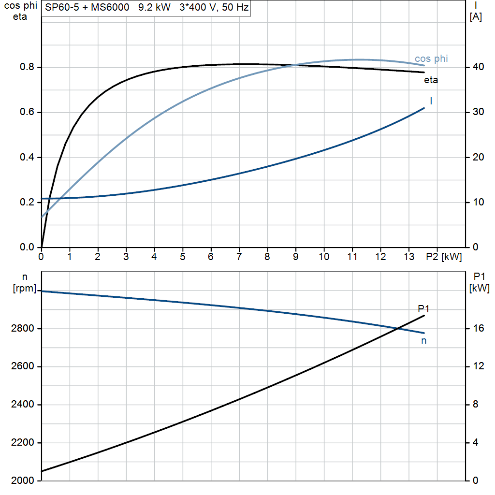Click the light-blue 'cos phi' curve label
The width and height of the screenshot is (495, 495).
[x=431, y=59]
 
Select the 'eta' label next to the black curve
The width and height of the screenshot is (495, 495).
[x=431, y=80]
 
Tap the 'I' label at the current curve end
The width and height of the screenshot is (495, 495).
[x=431, y=101]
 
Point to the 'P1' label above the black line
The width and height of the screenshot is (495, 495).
[x=423, y=309]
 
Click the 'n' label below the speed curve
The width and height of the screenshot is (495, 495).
[x=424, y=340]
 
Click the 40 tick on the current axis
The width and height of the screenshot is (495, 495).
[x=477, y=67]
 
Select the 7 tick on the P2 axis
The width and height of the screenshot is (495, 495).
[x=239, y=257]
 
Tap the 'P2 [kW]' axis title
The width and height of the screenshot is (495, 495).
[x=444, y=257]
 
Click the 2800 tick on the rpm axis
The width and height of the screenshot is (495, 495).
[x=22, y=329]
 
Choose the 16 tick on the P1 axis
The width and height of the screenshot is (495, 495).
[x=477, y=329]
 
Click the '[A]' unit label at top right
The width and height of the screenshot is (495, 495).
[x=476, y=17]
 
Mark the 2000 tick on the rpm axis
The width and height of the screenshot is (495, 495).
[x=22, y=480]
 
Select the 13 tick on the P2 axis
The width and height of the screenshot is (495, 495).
[x=409, y=257]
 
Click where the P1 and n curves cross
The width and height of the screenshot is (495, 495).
[x=397, y=329]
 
